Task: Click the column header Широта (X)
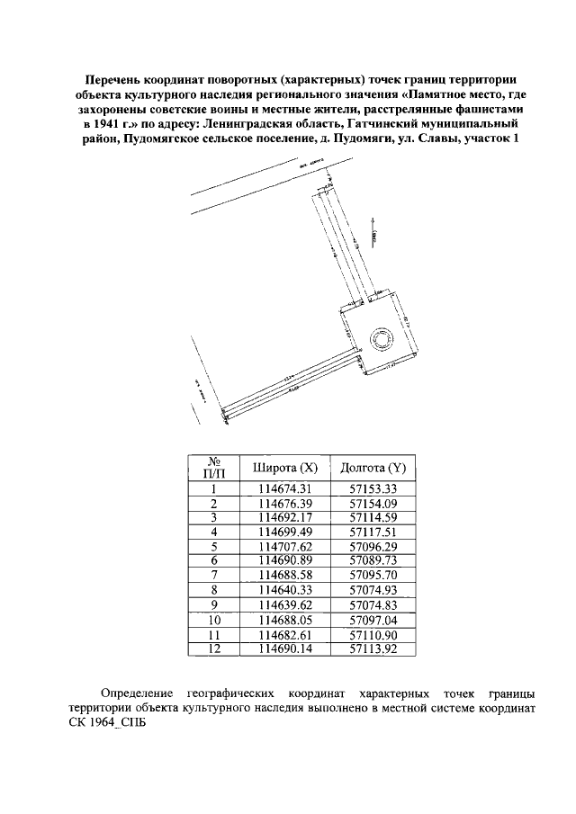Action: tap(284, 469)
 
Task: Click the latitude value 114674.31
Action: tap(284, 489)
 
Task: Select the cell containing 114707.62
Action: tap(284, 547)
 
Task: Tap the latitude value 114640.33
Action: tap(284, 590)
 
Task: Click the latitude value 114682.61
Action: tap(284, 633)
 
